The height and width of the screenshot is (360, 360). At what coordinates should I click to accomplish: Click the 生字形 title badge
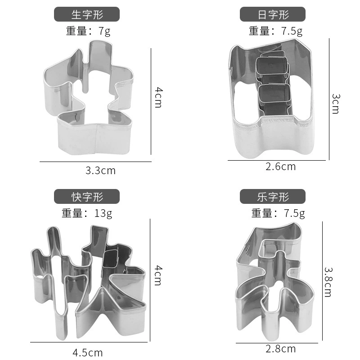coord(87,14)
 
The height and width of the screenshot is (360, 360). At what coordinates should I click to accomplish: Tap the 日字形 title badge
coord(273,14)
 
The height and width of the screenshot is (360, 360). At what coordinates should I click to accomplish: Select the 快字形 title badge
coord(87,196)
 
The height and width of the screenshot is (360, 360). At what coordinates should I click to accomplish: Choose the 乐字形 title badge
coord(273,196)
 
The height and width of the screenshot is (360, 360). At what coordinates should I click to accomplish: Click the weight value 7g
coord(104,31)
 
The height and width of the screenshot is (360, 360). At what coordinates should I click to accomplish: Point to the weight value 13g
coord(103,213)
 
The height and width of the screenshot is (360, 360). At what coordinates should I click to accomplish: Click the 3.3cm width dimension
coord(100,171)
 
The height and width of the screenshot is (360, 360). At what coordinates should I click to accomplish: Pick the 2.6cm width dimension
coord(280,166)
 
